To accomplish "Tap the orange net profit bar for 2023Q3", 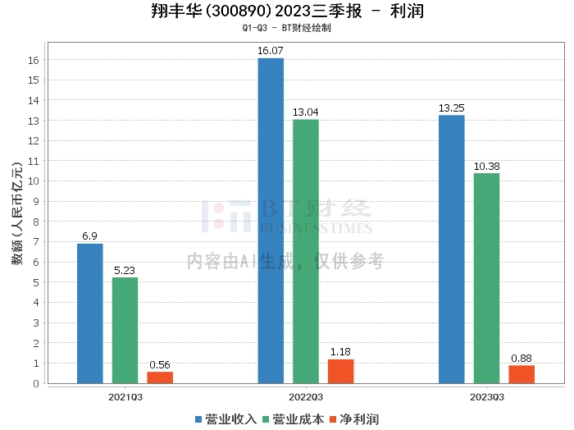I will [522, 373].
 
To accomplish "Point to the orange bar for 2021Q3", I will [160, 377].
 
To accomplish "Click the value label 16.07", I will [271, 51].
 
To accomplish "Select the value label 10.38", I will [486, 166].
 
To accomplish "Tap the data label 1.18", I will [341, 352].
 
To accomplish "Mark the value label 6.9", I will [90, 236].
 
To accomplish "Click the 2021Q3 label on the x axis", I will [125, 396].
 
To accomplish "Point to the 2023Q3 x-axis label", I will [486, 396].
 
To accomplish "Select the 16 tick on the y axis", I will [34, 61].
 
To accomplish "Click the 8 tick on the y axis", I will [34, 222].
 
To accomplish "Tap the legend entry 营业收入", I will [225, 419].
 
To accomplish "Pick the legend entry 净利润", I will [353, 419].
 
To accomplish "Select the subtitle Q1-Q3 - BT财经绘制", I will [286, 28].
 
